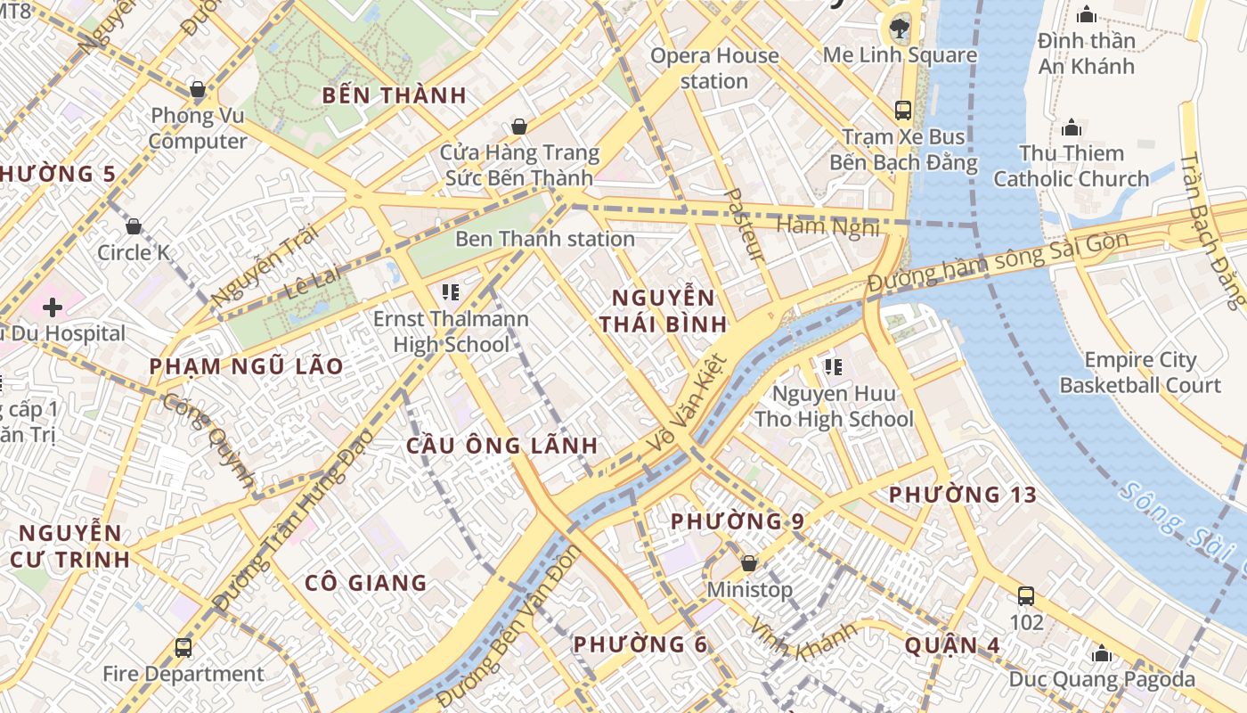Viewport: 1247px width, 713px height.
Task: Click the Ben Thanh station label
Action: (544, 239)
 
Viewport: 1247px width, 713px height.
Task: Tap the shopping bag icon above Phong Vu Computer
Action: (198, 89)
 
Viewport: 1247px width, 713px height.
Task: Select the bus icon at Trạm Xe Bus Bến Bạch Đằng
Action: (903, 111)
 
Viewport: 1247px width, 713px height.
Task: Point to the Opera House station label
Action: (713, 69)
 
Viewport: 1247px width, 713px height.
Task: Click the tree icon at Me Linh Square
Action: (900, 29)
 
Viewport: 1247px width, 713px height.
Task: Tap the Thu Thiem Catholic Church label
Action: (1072, 166)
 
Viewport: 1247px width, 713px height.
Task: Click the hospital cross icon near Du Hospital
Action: (53, 307)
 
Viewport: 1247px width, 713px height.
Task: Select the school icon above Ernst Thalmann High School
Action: (450, 291)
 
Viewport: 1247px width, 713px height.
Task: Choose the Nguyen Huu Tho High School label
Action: (834, 406)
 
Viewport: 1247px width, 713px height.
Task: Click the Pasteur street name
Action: (745, 225)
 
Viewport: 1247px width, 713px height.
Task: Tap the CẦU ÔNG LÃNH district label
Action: (502, 446)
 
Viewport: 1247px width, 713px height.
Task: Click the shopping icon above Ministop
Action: (749, 563)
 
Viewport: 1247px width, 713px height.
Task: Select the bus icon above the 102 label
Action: (1026, 595)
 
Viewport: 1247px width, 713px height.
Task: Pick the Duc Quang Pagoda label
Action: (1102, 679)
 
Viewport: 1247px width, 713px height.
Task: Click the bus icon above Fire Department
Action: (183, 647)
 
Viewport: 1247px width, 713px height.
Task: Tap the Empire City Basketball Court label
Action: (1140, 373)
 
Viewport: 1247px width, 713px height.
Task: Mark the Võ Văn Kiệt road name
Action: (690, 403)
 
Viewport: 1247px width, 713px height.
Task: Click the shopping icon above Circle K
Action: (134, 226)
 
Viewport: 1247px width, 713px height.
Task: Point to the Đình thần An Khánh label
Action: (1087, 53)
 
